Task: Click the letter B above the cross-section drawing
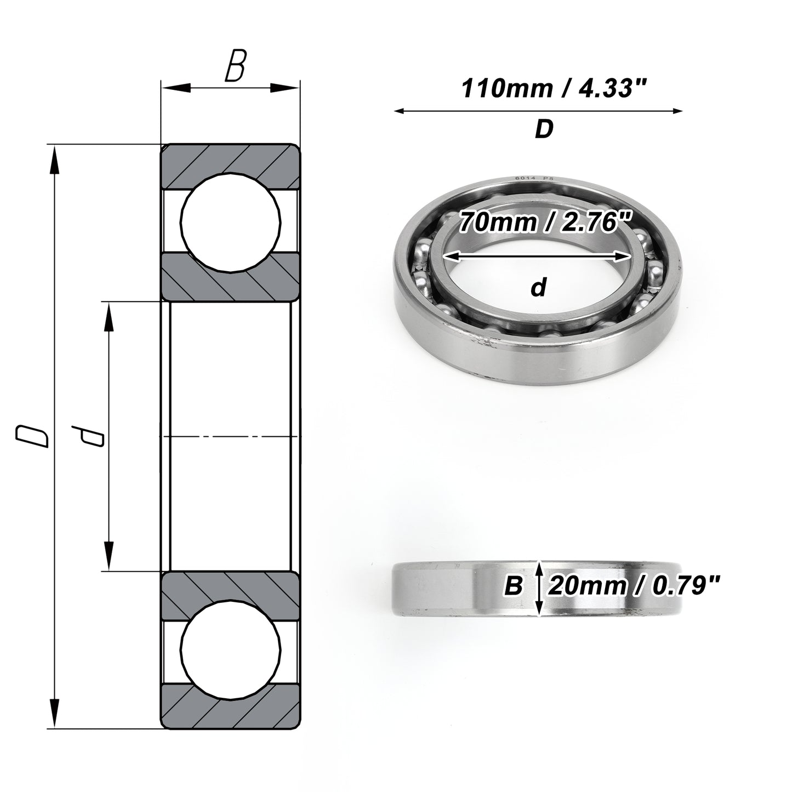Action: (x=236, y=65)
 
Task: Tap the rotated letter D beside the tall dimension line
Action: (x=32, y=436)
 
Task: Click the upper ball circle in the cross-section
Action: (x=231, y=222)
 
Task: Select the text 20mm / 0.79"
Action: (x=634, y=586)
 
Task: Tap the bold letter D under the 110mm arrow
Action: (x=544, y=129)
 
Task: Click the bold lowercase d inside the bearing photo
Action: (x=539, y=287)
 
